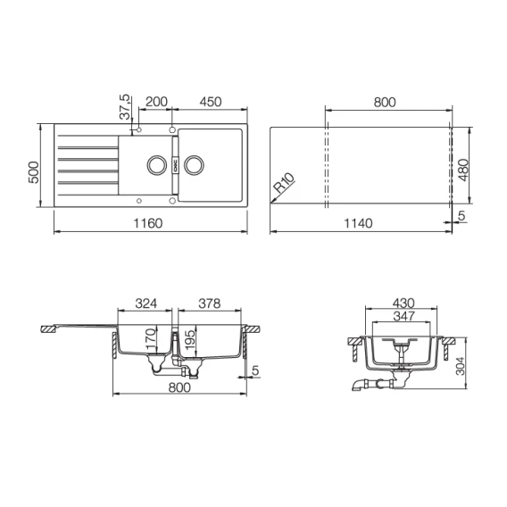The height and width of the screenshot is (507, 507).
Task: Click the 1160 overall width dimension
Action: (x=148, y=223)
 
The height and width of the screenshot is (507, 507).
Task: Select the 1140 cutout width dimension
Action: (x=358, y=223)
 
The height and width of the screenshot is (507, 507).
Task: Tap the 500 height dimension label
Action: (x=34, y=172)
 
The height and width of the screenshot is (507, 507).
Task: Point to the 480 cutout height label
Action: (x=463, y=170)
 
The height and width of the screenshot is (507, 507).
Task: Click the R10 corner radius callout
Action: (x=284, y=183)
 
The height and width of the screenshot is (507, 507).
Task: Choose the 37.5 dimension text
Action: (x=124, y=107)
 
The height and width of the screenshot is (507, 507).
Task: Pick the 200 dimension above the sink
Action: (x=156, y=102)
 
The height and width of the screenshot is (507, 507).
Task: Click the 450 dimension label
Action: (x=211, y=102)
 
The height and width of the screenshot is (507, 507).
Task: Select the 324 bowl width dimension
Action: (x=145, y=303)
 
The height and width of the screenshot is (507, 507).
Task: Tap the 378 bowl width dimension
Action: (x=210, y=303)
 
